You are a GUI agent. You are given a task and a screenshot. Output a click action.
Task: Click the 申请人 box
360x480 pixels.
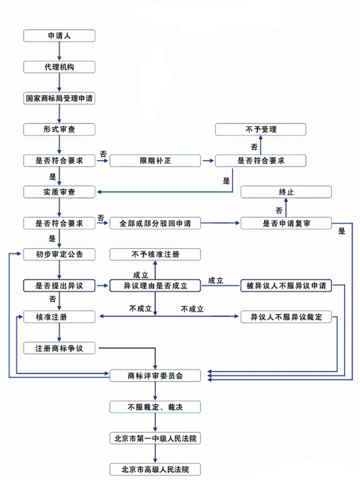(x=59, y=36)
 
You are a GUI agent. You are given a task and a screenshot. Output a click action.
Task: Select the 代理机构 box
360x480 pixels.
(x=59, y=67)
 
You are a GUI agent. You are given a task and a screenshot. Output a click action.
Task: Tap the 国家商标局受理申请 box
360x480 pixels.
(x=59, y=98)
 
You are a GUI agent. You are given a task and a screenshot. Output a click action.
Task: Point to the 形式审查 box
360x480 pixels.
(x=59, y=129)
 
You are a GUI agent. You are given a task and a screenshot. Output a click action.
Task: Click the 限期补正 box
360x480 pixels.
(x=155, y=161)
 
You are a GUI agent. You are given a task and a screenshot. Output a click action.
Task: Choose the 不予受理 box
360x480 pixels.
(x=261, y=129)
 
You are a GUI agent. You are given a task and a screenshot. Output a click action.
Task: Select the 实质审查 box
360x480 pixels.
(x=59, y=192)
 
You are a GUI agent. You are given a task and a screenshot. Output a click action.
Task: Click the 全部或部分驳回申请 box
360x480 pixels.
(x=155, y=223)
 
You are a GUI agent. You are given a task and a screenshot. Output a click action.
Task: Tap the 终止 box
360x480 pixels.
(x=286, y=192)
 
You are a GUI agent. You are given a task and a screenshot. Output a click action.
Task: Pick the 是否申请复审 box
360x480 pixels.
(x=286, y=223)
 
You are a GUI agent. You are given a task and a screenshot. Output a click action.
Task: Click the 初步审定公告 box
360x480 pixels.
(x=59, y=255)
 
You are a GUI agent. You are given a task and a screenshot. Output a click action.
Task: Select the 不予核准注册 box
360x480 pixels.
(x=155, y=255)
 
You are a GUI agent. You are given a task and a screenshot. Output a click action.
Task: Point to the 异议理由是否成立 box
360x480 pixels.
(x=155, y=285)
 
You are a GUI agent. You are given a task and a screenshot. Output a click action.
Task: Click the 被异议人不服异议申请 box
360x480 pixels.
(x=286, y=285)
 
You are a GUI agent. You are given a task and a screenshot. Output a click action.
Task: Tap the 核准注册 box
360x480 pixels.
(x=59, y=317)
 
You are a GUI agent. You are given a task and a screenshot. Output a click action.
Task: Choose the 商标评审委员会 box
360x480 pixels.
(x=155, y=375)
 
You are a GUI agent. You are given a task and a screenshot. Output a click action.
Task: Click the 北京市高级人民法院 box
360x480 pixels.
(x=155, y=469)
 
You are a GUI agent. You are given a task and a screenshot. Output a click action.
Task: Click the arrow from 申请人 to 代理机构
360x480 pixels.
(x=59, y=51)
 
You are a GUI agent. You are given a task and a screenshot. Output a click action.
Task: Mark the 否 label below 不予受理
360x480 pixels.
(x=254, y=147)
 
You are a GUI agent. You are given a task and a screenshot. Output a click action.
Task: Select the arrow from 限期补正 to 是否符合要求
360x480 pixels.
(x=208, y=161)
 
